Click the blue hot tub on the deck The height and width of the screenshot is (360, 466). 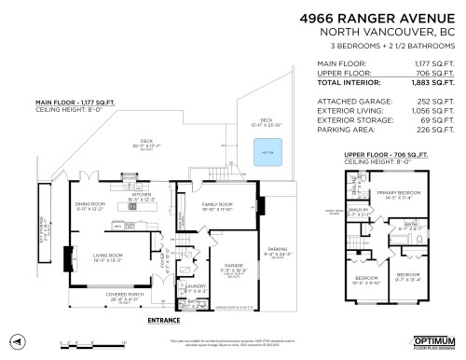pyautogui.click(x=268, y=150)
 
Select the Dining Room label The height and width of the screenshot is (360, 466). pyautogui.click(x=90, y=204)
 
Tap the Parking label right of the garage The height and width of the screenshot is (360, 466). pyautogui.click(x=278, y=250)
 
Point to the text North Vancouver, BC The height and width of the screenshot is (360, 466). pyautogui.click(x=385, y=33)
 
